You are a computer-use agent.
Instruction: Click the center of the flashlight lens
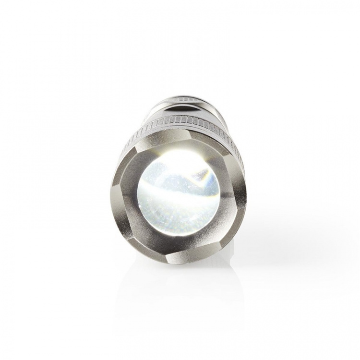coord(179,196)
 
